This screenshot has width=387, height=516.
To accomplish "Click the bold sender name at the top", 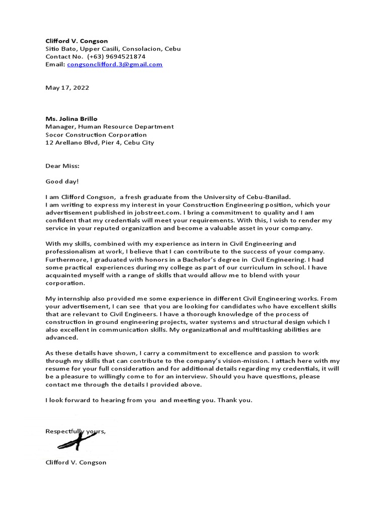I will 77,41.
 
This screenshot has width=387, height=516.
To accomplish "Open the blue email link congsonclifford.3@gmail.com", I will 114,64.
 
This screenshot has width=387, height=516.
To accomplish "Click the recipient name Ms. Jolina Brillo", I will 72,119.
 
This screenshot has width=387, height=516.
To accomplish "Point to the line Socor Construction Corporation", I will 96,135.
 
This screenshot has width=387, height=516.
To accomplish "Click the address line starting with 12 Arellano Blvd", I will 100,143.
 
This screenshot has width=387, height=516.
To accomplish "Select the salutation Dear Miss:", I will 62,166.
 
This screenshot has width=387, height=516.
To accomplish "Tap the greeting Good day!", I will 62,181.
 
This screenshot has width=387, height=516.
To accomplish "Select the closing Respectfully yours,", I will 76,431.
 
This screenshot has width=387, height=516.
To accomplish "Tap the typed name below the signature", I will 76,462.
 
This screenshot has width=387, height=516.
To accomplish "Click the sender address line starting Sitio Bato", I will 113,49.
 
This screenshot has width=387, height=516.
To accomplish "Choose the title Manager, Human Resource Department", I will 109,127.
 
